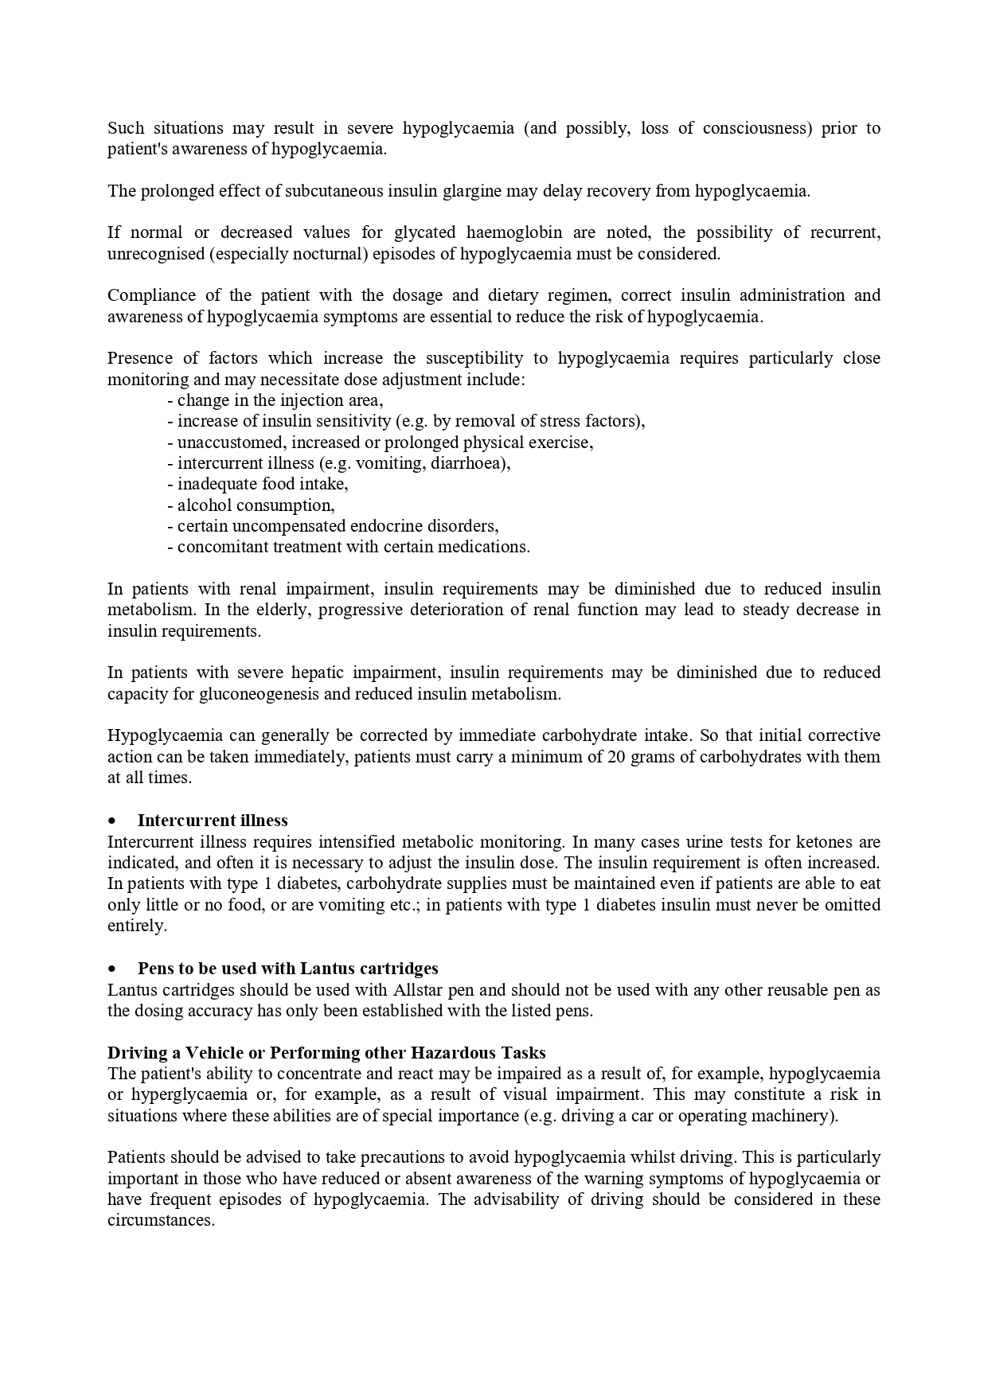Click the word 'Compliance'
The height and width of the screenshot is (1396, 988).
(x=152, y=295)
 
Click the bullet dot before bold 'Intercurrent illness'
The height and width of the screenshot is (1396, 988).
(x=113, y=821)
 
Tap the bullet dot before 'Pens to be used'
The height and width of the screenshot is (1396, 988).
(x=113, y=969)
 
